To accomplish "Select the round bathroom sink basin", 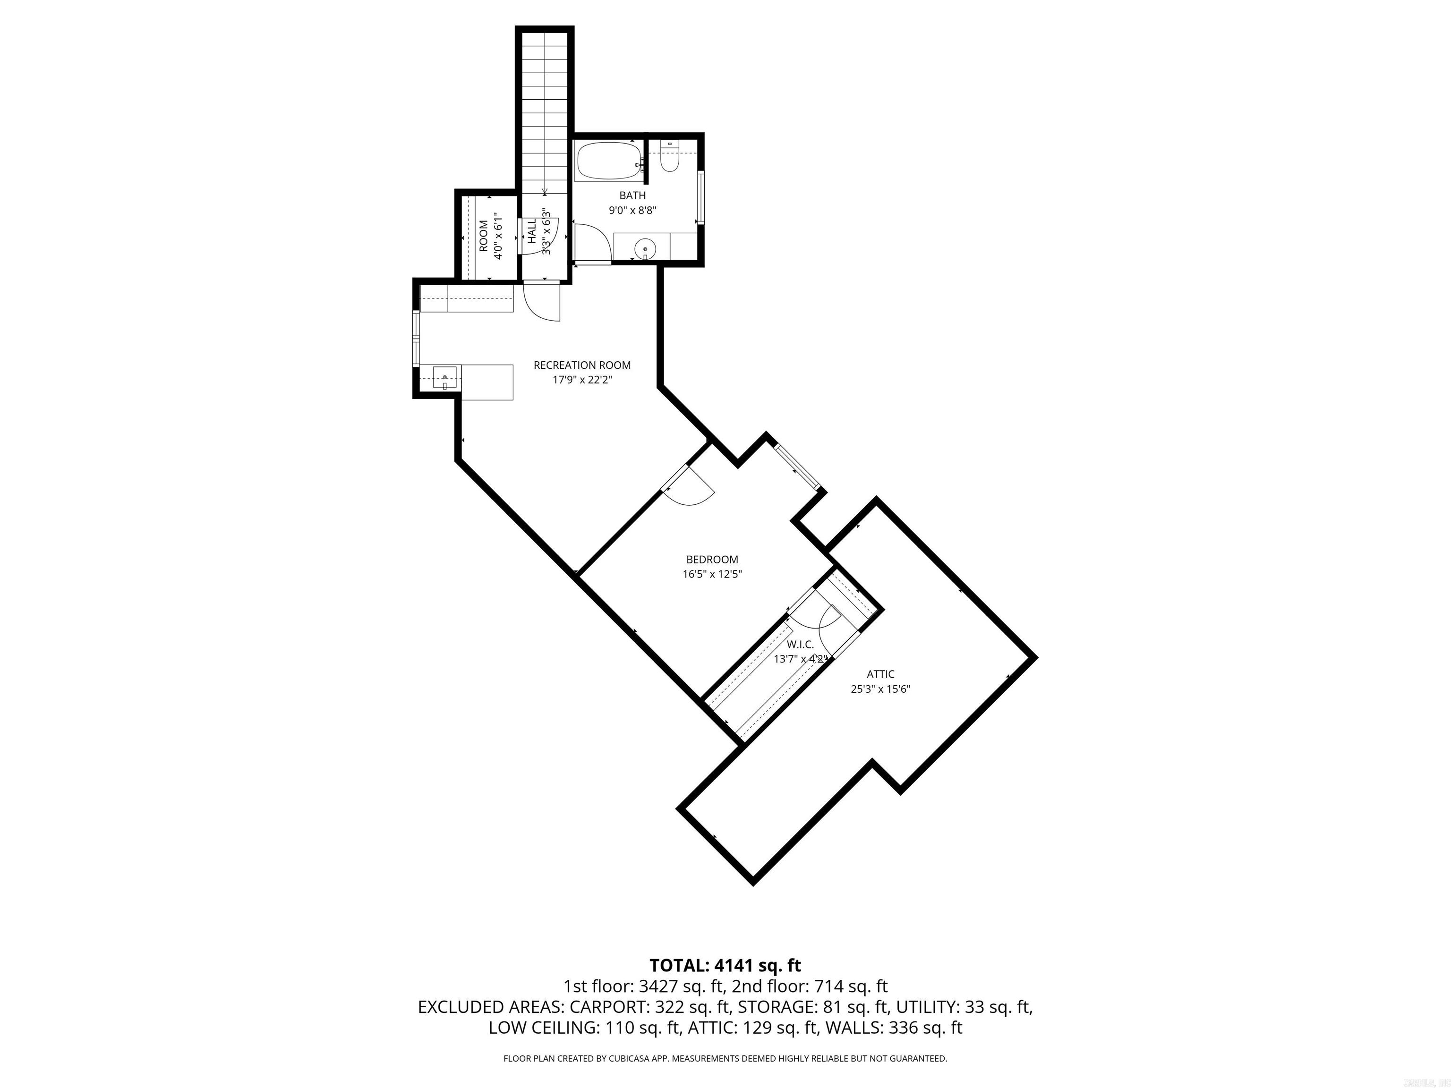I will tap(646, 249).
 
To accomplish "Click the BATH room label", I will tap(632, 195).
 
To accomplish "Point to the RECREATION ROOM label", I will tap(582, 365).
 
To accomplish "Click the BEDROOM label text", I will tap(712, 560).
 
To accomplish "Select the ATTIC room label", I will tap(880, 674).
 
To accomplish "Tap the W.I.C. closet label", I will tap(800, 645).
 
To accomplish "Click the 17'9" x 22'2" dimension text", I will tap(582, 380).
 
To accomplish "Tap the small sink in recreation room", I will tap(445, 378).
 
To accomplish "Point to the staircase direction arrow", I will tap(545, 191).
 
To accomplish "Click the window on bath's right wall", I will tap(700, 197).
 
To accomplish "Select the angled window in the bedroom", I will tap(798, 467).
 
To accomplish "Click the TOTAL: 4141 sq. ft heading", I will tap(725, 965).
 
